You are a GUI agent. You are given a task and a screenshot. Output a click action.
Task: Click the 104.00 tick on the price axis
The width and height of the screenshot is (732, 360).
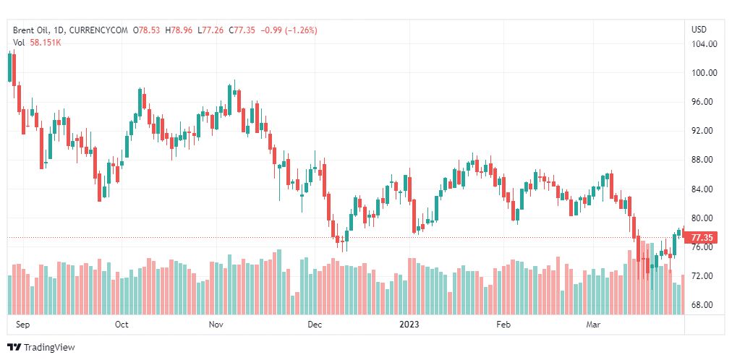(x=704, y=44)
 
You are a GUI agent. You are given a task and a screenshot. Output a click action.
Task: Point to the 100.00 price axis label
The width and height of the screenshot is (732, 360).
(x=704, y=73)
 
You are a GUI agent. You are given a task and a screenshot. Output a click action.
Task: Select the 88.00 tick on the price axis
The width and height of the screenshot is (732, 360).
(x=704, y=160)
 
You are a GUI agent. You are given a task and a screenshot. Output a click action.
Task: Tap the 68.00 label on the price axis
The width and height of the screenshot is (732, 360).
(x=704, y=305)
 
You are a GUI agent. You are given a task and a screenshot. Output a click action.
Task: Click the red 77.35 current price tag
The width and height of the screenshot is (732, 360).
(x=702, y=237)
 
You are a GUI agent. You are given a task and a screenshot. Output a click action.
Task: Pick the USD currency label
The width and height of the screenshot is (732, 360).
(x=699, y=30)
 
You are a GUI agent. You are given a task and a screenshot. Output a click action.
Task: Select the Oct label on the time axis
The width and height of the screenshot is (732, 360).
(x=122, y=325)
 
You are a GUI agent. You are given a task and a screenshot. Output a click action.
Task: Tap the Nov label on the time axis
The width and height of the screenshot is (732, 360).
(x=216, y=325)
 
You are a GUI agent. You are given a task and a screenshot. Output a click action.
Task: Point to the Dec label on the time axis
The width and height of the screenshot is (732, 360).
(x=314, y=325)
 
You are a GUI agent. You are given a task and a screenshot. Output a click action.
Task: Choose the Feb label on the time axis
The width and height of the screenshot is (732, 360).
(x=504, y=325)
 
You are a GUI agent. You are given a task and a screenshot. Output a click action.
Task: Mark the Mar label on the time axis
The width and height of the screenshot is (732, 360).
(x=593, y=325)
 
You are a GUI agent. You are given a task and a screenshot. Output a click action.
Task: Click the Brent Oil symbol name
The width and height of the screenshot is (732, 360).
(x=31, y=30)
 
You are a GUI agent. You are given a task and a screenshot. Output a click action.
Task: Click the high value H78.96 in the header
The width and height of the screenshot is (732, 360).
(x=178, y=30)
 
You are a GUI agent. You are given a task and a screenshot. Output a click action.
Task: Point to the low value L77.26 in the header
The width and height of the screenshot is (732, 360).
(x=210, y=30)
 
